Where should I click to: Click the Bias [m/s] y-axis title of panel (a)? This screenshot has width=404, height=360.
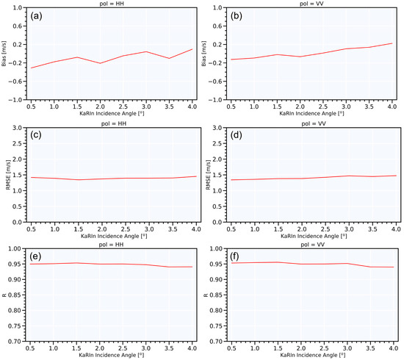coord(5,53)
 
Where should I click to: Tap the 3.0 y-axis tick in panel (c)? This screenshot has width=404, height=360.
coord(15,127)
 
